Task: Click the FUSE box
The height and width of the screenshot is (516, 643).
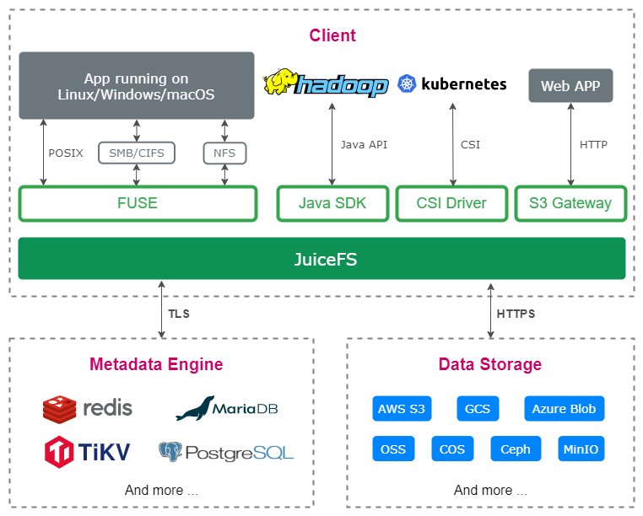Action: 137,203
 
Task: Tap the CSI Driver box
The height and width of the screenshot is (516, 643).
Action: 451,203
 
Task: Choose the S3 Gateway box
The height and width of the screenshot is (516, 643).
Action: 570,203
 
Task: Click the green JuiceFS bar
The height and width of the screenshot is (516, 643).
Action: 321,259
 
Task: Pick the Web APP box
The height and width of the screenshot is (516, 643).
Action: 570,86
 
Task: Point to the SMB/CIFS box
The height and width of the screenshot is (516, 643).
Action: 137,153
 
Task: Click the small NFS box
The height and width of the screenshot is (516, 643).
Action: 224,153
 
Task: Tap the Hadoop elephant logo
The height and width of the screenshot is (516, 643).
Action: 280,83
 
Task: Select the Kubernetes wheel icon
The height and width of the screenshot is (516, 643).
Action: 407,83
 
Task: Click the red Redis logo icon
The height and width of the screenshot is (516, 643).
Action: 59,409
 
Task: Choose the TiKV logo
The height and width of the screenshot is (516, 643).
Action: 61,451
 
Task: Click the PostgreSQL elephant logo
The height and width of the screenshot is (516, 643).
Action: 170,451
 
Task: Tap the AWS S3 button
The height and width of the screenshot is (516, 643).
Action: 402,409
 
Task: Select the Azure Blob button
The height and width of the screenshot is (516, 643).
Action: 564,409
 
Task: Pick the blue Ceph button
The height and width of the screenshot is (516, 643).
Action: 515,449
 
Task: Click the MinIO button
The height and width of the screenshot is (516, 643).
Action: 581,449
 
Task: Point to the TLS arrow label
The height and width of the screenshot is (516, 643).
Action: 178,314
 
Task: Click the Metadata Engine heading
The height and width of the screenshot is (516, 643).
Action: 156,364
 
